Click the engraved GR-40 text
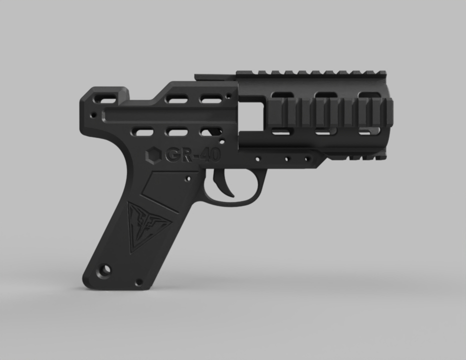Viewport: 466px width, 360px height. [193, 155]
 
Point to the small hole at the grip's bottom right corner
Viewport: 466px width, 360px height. [138, 282]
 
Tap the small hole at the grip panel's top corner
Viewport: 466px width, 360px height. [188, 179]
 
